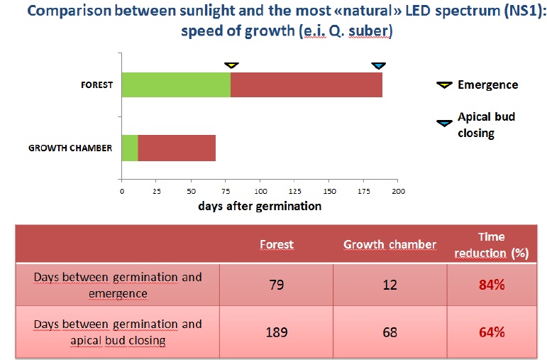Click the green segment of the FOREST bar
(176, 84)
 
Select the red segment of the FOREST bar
(306, 84)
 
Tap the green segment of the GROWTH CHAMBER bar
(130, 148)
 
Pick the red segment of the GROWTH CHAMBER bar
(177, 148)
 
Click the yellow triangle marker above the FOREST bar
(231, 65)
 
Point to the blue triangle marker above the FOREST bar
(379, 65)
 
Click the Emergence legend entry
(477, 84)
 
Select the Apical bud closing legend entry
(476, 124)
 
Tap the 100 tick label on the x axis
(260, 191)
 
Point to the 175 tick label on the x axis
(364, 191)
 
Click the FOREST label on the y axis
(96, 84)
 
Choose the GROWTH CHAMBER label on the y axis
(70, 148)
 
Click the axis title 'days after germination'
(260, 206)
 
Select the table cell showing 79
(276, 285)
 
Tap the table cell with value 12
(390, 285)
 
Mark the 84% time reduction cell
(492, 285)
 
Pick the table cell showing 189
(276, 332)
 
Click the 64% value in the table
(492, 332)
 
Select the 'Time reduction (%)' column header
(492, 245)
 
